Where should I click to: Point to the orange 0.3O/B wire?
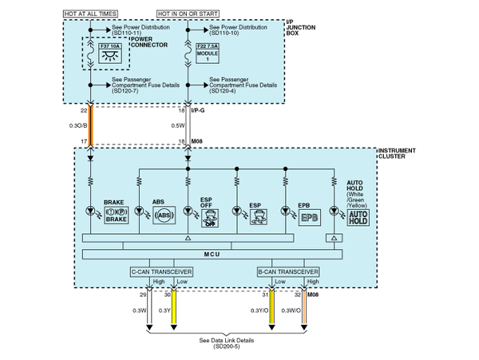[90, 125]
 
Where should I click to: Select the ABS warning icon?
[164, 216]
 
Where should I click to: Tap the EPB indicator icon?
[308, 216]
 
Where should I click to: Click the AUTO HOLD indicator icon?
[359, 216]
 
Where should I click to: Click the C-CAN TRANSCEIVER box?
[162, 271]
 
